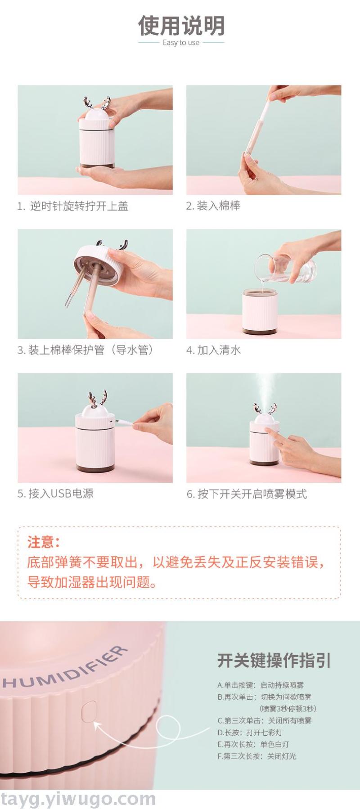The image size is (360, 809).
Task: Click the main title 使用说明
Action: click(181, 25)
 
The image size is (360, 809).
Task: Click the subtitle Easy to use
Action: click(181, 43)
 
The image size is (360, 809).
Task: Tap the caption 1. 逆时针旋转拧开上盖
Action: click(73, 206)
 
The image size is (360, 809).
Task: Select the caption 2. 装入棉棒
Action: click(213, 206)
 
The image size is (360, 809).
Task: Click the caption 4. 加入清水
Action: click(214, 350)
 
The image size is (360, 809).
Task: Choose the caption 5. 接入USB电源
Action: click(55, 494)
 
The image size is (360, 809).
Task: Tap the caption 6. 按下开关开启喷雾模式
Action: click(247, 494)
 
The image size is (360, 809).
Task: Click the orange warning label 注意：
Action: click(44, 542)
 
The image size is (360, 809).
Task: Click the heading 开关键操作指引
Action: click(274, 661)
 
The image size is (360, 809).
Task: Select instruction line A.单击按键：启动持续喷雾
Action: click(261, 685)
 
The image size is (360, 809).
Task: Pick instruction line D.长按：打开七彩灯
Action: click(250, 732)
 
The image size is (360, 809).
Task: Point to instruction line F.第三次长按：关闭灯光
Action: click(257, 756)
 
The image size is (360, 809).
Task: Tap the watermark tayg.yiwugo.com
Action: click(78, 799)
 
